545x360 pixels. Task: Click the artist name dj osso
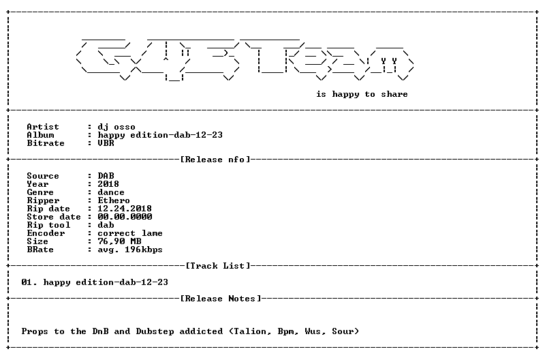click(x=116, y=127)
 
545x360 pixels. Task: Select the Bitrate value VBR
click(x=106, y=143)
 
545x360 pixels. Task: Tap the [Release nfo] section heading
click(x=215, y=160)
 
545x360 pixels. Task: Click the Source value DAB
click(x=106, y=176)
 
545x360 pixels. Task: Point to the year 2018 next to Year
click(x=108, y=184)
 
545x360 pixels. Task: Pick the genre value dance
click(x=111, y=192)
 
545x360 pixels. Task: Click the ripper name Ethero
click(x=114, y=200)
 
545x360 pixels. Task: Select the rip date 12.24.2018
click(x=125, y=209)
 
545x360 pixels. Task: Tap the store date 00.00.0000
click(x=125, y=217)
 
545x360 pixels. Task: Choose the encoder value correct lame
click(x=130, y=233)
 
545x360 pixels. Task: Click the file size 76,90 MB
click(x=119, y=241)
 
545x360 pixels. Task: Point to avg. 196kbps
click(x=130, y=250)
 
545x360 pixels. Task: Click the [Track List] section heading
click(x=218, y=266)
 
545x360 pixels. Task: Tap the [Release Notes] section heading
click(x=221, y=299)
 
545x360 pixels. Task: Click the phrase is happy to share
click(x=362, y=94)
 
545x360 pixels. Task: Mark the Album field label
click(x=40, y=135)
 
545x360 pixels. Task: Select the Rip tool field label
click(x=48, y=225)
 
